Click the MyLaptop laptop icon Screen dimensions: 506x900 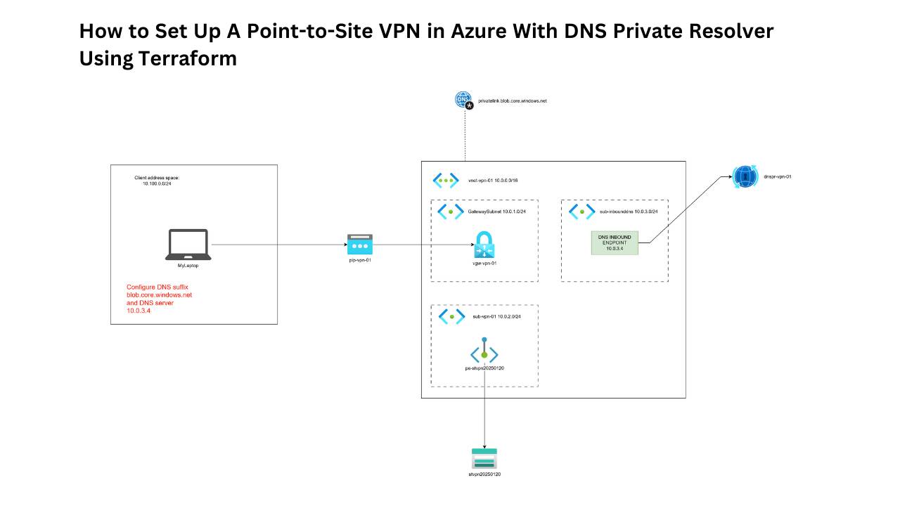tap(188, 244)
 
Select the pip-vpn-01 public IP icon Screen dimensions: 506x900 tap(359, 245)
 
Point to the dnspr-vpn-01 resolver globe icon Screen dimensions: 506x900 tap(743, 176)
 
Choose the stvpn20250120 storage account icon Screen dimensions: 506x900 tap(484, 458)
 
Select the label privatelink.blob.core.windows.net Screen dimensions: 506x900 tap(512, 101)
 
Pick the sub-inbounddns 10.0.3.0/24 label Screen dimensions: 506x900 tap(628, 211)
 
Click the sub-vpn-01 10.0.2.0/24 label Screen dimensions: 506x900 tap(496, 317)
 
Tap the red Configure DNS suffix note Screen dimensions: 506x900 tap(159, 299)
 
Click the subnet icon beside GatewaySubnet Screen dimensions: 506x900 tap(450, 211)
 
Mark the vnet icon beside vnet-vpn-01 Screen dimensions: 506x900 tap(446, 181)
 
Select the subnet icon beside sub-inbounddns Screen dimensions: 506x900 tap(581, 211)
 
